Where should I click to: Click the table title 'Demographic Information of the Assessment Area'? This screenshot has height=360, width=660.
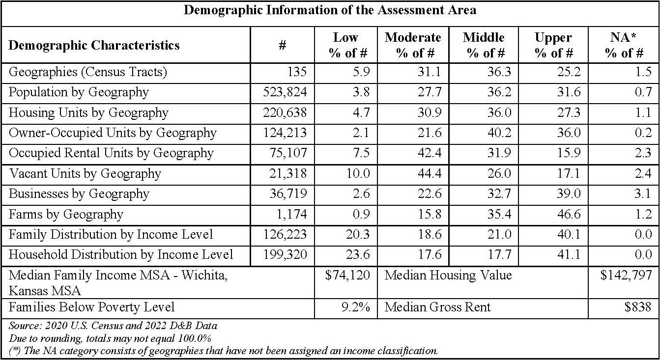coord(330,10)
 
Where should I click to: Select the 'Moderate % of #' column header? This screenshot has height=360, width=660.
coord(413,45)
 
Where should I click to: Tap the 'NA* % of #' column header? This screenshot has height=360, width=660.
coord(624,45)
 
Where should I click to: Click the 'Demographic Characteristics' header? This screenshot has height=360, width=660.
coord(94,46)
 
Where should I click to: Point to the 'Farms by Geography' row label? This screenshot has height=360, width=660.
coord(66,215)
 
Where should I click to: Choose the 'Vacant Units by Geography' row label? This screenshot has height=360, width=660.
coord(85,174)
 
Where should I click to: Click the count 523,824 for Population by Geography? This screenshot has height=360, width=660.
coord(285,92)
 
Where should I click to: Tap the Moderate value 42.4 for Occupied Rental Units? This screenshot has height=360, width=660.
coord(429,153)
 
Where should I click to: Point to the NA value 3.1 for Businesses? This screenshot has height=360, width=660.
coord(642,194)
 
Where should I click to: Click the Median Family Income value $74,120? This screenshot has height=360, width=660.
coord(347,276)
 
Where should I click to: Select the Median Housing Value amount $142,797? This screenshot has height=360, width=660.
coord(626,276)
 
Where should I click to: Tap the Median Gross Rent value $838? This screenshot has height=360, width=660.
coord(638,307)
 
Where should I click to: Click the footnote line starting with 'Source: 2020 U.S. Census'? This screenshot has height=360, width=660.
coord(113,326)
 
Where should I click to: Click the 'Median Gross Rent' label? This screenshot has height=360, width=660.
coord(437,307)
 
